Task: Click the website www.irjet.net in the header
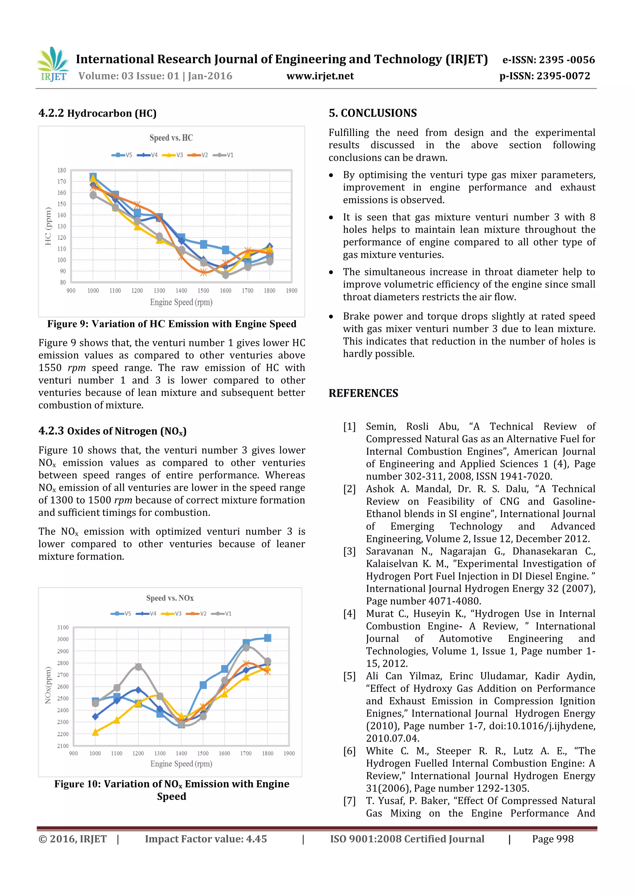(x=320, y=76)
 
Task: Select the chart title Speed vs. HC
(x=171, y=138)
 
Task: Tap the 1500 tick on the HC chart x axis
(x=203, y=291)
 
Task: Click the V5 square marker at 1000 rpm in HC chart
(x=93, y=177)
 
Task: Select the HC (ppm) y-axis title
(x=48, y=226)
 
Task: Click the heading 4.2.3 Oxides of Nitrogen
(x=112, y=431)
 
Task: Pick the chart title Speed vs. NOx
(x=170, y=598)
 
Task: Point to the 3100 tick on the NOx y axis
(x=63, y=628)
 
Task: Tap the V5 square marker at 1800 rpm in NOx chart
(x=267, y=638)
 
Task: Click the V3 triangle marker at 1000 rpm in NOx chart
(x=95, y=732)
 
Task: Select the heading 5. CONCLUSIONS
(x=372, y=113)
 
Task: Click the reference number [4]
(x=349, y=614)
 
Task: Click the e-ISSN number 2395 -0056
(x=567, y=60)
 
